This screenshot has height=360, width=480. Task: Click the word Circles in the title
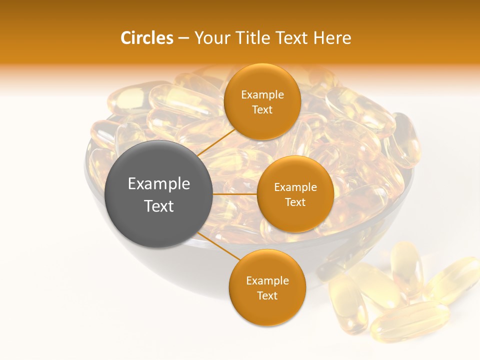coord(147,38)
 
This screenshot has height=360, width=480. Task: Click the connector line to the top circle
coord(216,141)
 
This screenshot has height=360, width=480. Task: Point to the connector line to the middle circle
coord(235,194)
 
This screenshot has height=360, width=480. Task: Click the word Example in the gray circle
coord(159,184)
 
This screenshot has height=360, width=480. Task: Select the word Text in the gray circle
coord(159,206)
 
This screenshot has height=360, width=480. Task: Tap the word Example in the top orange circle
coord(262,95)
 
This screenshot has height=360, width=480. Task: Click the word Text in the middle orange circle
coord(295,202)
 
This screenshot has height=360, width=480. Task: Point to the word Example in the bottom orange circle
coord(267,281)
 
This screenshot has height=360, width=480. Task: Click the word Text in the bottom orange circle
coord(267,296)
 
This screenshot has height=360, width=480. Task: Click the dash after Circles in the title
coord(183,38)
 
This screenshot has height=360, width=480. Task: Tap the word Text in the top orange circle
coord(262,110)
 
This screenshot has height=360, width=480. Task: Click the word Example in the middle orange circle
coord(295,187)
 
